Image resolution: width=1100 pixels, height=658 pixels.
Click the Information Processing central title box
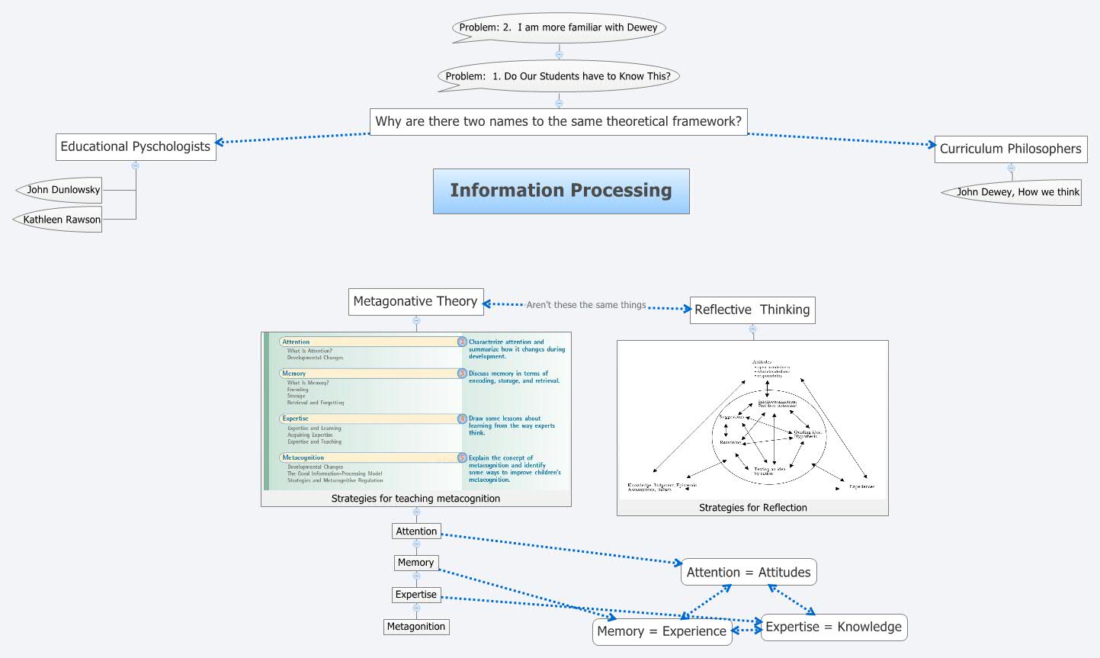pos(561,191)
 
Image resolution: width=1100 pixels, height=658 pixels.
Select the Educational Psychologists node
pos(136,146)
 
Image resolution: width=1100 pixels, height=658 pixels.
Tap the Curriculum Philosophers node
pos(1010,149)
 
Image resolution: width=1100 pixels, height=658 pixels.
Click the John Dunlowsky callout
pos(63,190)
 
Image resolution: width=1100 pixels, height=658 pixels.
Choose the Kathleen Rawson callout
pos(62,220)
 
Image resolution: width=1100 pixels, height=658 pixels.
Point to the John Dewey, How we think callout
pos(1018,192)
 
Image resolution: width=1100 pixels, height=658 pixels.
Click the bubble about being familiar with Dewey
pos(558,27)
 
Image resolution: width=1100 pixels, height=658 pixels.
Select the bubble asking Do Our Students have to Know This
pos(558,75)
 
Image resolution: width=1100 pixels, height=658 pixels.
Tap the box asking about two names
pos(558,121)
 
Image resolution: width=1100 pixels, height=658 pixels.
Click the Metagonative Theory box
pos(415,301)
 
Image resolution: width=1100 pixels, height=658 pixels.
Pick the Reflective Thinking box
pos(752,310)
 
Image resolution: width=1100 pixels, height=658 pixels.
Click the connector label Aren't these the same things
pos(585,305)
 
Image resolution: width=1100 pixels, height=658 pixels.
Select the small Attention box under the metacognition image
pos(416,531)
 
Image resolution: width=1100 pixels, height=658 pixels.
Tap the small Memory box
pos(415,563)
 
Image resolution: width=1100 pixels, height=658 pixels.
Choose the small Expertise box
pos(416,595)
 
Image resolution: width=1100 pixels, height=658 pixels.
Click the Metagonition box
pos(416,627)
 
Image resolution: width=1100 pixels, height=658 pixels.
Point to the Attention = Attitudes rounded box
pos(748,572)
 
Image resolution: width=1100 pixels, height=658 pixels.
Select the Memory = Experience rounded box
pos(662,631)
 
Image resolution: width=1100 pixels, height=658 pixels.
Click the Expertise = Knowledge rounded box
pos(833,627)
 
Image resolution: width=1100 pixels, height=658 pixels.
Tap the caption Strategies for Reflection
pos(752,508)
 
